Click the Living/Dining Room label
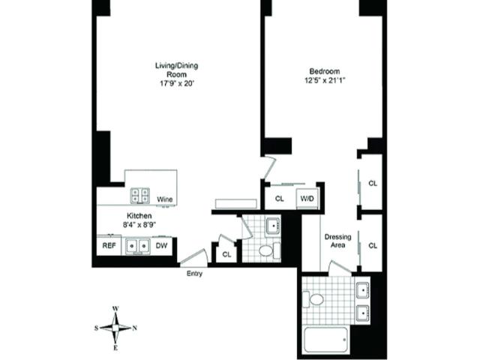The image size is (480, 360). pyautogui.click(x=177, y=70)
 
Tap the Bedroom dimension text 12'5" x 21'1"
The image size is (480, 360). pyautogui.click(x=325, y=80)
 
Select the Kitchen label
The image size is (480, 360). pyautogui.click(x=139, y=215)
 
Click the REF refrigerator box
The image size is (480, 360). pyautogui.click(x=109, y=245)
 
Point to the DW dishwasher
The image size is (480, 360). pyautogui.click(x=162, y=245)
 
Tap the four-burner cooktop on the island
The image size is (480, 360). pyautogui.click(x=140, y=196)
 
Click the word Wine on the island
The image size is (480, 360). pyautogui.click(x=165, y=199)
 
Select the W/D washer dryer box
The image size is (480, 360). pyautogui.click(x=307, y=199)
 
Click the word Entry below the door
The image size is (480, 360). pyautogui.click(x=194, y=274)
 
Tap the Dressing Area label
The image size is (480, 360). pyautogui.click(x=338, y=241)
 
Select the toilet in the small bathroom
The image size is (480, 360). pyautogui.click(x=269, y=250)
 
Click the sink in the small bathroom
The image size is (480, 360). pyautogui.click(x=273, y=226)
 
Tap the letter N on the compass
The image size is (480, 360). pyautogui.click(x=134, y=328)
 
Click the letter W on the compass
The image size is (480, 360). pyautogui.click(x=115, y=308)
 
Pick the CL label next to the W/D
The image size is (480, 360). pyautogui.click(x=280, y=199)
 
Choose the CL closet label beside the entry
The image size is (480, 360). pyautogui.click(x=226, y=254)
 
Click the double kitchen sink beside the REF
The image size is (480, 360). pyautogui.click(x=138, y=245)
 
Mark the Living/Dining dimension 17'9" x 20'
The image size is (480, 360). pyautogui.click(x=177, y=83)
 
